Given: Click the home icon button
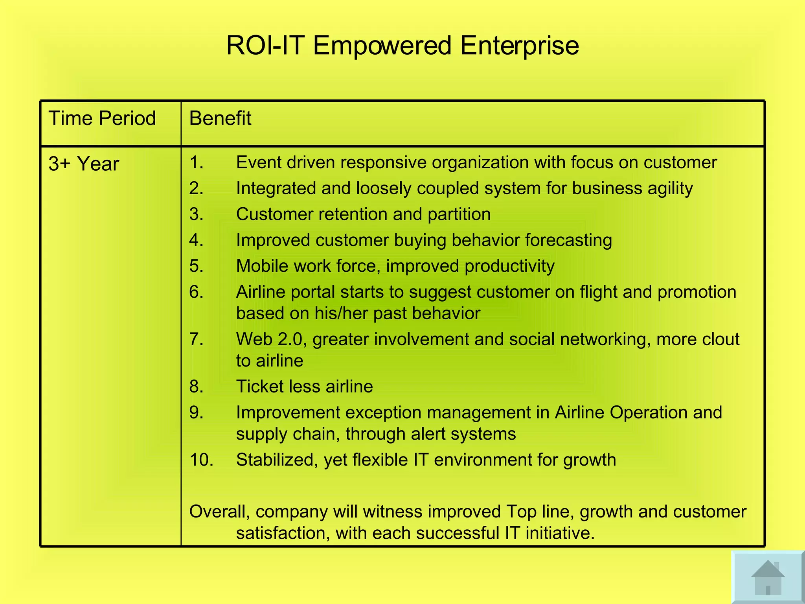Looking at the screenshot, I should point(768,577).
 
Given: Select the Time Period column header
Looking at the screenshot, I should point(102,118).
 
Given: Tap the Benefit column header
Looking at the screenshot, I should point(220,118).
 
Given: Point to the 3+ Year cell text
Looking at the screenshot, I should point(83,164).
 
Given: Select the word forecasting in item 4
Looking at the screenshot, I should point(568,240).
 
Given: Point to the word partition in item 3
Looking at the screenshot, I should point(459,215).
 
